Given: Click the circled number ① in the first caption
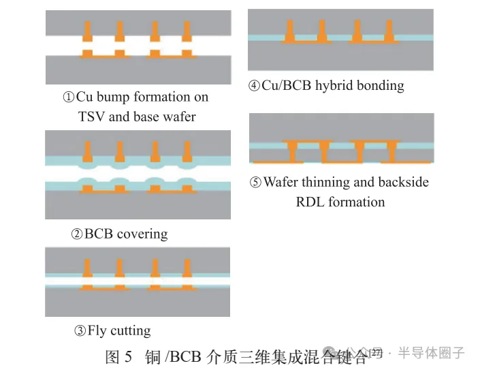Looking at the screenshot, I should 68,97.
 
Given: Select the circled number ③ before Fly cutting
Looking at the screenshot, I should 80,332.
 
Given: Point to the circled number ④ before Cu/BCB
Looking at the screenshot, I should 254,86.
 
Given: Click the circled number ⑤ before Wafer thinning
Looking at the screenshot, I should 255,183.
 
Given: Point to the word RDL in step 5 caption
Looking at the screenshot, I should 310,202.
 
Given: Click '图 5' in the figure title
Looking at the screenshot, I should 118,357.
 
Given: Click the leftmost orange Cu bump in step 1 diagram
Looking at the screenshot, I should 87,31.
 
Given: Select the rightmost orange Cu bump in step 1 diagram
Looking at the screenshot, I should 187,31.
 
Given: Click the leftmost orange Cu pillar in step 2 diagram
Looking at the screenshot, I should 87,150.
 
